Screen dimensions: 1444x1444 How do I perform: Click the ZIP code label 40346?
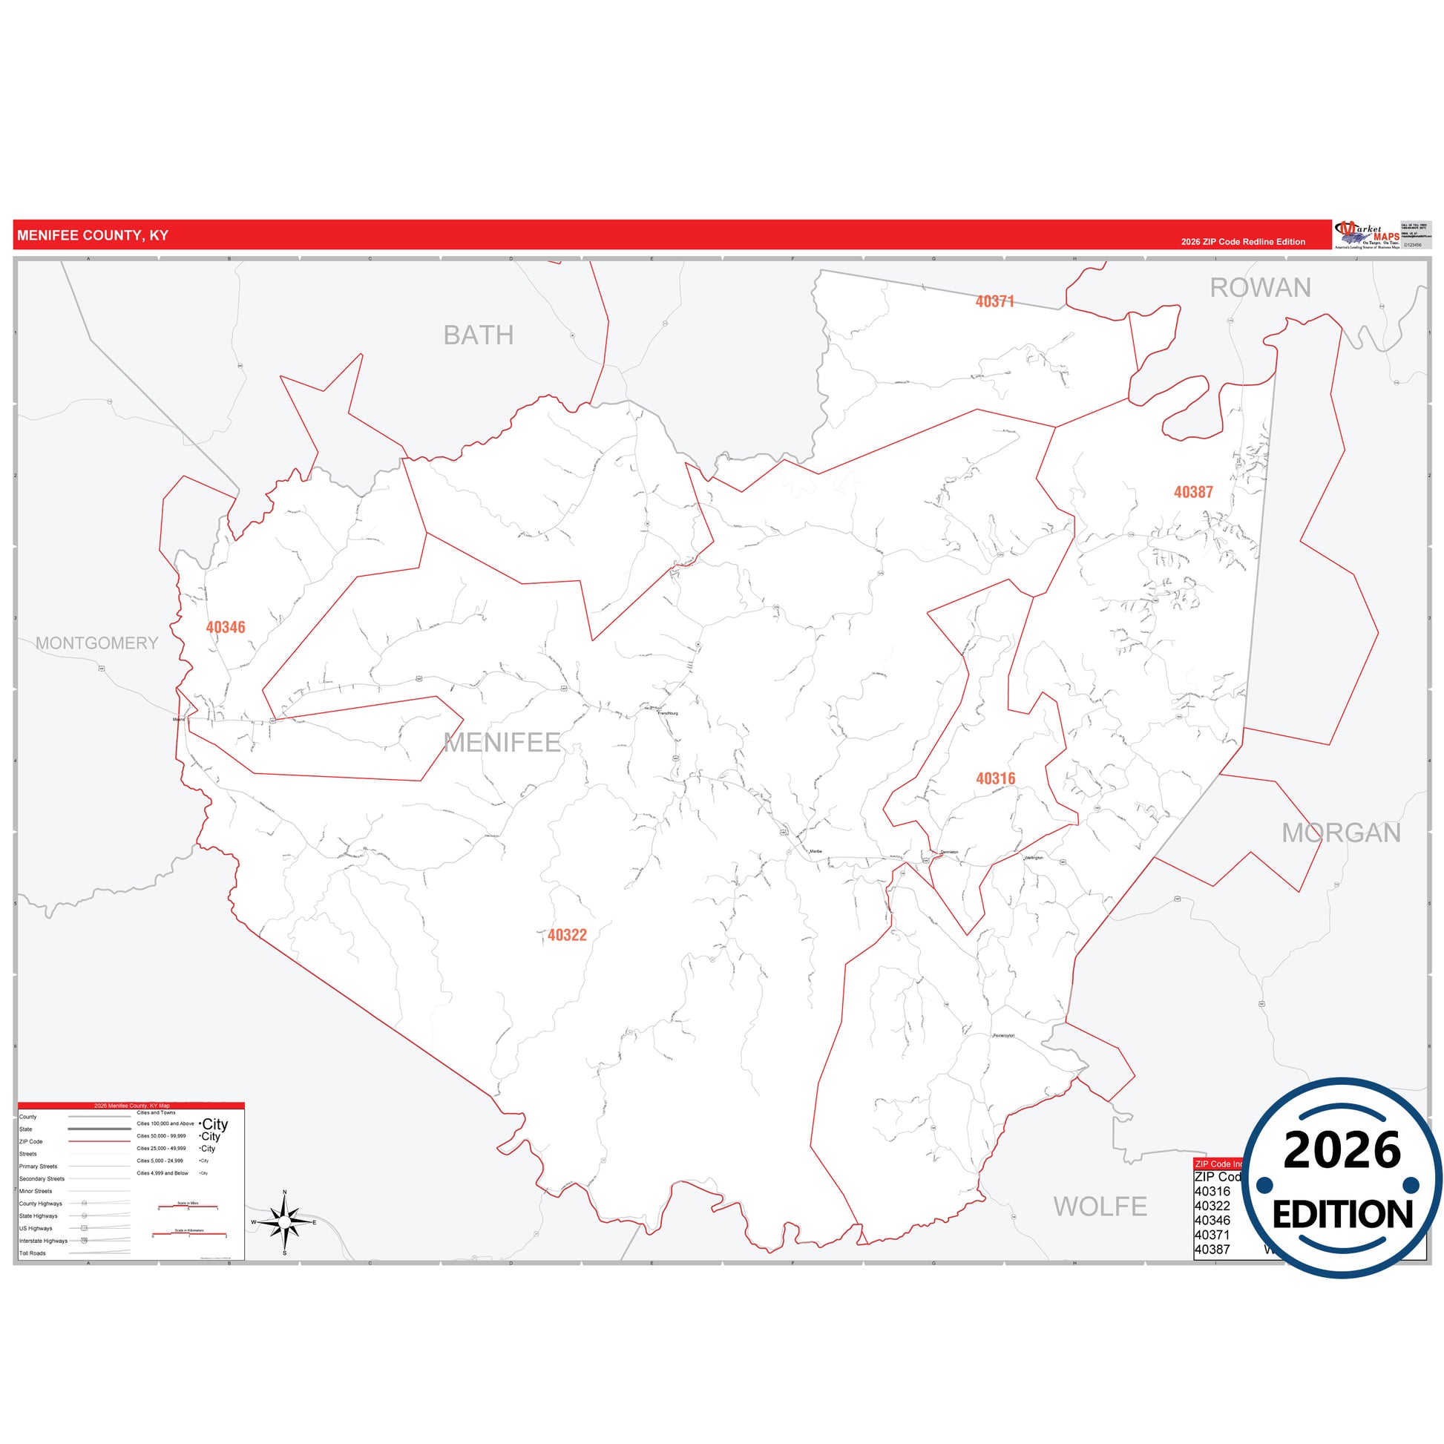coord(225,627)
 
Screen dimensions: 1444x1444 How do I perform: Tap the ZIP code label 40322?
coord(566,934)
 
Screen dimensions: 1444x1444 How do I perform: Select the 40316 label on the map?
coord(996,778)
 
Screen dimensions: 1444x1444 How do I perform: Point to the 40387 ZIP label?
coord(1193,492)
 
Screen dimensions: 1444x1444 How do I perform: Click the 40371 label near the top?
coord(994,301)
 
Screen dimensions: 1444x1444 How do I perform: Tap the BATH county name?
coord(479,335)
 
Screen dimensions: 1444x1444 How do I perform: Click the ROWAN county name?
coord(1260,288)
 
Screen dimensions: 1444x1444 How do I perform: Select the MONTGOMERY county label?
coord(97,643)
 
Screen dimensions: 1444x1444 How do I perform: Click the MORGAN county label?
coord(1341,833)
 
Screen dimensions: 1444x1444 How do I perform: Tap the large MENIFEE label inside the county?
coord(502,742)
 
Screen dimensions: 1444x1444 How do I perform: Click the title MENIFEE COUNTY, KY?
coord(93,235)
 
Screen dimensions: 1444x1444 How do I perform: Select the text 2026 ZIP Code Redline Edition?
coord(1243,241)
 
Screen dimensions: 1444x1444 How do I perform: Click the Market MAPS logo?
coord(1368,234)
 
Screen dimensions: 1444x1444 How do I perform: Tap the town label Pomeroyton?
coord(1003,1035)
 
